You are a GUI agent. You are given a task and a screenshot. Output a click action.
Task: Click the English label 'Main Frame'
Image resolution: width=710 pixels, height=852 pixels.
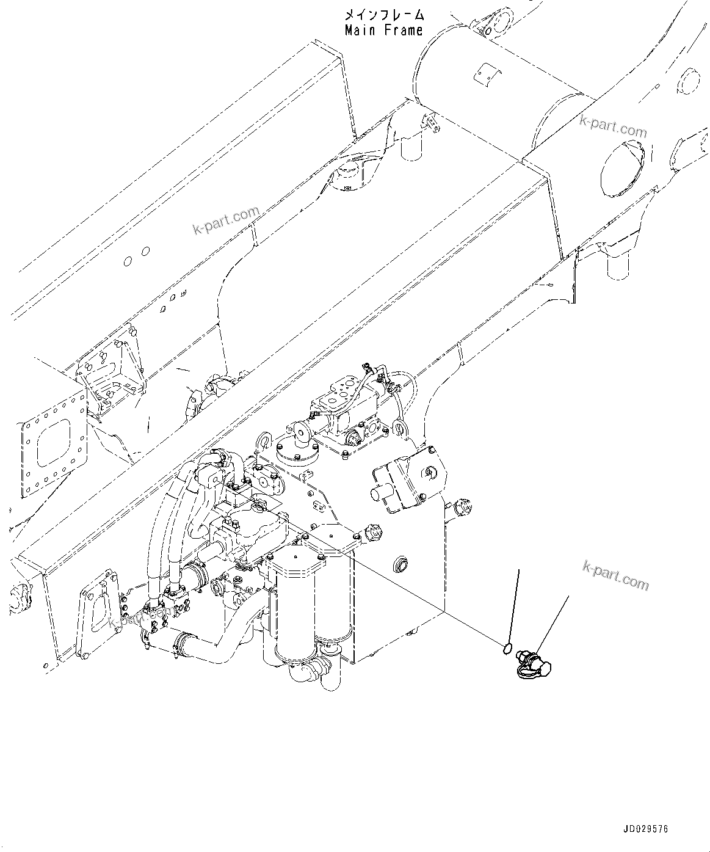coord(383,30)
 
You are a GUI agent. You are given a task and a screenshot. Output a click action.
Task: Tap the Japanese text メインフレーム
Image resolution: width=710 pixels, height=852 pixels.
coord(383,15)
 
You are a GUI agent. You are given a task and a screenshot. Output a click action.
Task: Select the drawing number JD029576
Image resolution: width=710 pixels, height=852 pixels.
coord(645,830)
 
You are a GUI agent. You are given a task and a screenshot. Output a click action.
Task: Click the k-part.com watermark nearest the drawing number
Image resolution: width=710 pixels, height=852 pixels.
coord(615,576)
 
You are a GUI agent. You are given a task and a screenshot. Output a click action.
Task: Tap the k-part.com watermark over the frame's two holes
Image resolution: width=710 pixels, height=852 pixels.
coord(226,221)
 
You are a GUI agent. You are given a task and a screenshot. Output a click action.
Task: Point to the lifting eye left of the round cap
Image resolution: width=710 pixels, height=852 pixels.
coord(264,440)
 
